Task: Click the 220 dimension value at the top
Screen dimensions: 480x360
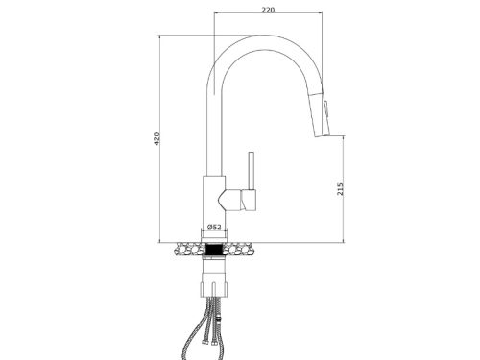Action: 268,10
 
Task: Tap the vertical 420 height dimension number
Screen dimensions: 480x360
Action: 156,138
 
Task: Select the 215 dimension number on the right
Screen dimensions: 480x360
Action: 340,189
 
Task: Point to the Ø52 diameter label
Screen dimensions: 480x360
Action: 214,227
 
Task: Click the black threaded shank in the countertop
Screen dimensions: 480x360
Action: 214,250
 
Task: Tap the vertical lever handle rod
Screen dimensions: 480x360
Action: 252,171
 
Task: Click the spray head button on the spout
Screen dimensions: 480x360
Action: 326,109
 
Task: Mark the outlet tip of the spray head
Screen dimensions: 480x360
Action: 324,136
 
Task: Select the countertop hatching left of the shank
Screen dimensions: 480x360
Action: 188,249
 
